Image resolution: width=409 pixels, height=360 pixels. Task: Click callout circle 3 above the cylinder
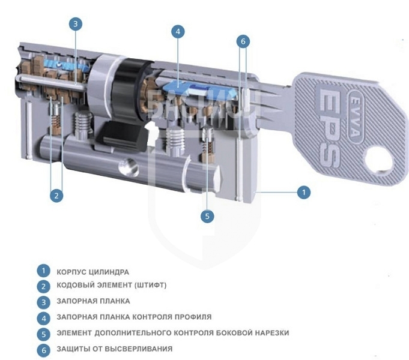pos(76,24)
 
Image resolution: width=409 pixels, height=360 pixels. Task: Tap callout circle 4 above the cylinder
pos(178,32)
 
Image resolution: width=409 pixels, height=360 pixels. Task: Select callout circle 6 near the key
pos(243,41)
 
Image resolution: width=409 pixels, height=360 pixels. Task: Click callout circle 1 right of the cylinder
pos(304,193)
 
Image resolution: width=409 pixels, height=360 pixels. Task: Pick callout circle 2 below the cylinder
pos(56,195)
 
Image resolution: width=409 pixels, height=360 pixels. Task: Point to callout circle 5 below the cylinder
pos(207,216)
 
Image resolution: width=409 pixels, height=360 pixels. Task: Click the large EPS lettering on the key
pos(330,124)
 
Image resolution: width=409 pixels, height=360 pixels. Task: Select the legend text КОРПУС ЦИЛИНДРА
pos(93,272)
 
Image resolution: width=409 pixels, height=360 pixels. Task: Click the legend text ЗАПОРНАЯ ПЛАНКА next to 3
pos(93,301)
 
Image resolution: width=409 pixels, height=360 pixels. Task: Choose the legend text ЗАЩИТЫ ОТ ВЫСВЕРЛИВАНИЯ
pos(115,349)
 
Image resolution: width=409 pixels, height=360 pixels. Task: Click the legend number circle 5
pos(44,334)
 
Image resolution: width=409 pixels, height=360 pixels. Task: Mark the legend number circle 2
pos(44,286)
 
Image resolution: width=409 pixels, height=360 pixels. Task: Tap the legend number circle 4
pos(44,318)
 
